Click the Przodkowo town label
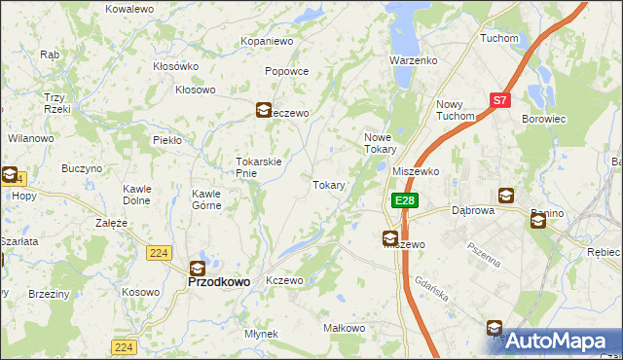point(218,281)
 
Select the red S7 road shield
point(499,99)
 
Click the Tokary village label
point(329,185)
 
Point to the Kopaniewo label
point(267,42)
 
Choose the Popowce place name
point(286,71)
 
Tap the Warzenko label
point(414,60)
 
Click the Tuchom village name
point(498,38)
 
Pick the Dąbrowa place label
point(473,209)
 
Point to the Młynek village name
point(262,334)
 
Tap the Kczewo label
point(285,280)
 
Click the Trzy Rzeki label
point(54,103)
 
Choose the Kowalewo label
point(129,8)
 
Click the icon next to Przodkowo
point(197,269)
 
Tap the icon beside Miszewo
point(389,237)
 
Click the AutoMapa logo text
point(557,341)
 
